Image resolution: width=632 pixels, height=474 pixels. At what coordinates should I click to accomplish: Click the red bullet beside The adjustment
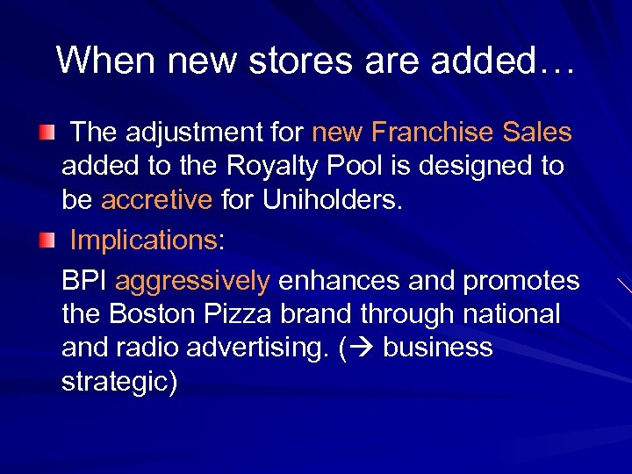point(48,133)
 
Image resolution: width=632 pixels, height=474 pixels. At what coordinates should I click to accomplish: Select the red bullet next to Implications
point(48,239)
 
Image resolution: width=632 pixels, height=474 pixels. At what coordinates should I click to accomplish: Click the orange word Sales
point(537,133)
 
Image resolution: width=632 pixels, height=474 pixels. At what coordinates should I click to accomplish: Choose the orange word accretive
point(157,199)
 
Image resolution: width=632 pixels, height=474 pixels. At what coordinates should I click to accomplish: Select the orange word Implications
point(142,240)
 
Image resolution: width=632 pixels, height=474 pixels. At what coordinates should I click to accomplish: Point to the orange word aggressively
point(192,281)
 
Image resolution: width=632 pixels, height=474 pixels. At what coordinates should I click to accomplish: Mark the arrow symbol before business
point(359,348)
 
